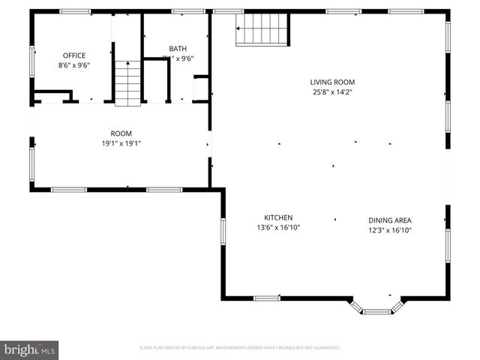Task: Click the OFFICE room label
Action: (73, 55)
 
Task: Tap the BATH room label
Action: (178, 49)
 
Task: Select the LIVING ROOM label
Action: (332, 82)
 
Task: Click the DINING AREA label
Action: (389, 220)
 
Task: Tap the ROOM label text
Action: (121, 133)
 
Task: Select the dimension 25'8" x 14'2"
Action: (332, 92)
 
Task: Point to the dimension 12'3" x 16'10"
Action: (389, 230)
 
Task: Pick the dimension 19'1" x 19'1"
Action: (121, 143)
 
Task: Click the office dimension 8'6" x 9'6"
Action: (73, 65)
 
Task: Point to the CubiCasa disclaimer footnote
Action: (240, 348)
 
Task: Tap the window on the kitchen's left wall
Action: (223, 231)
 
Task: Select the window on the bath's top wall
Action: (183, 11)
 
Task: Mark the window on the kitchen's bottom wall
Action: (266, 298)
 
